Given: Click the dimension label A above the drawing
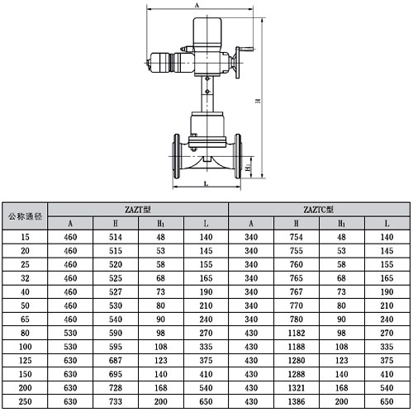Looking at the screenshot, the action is (197, 5).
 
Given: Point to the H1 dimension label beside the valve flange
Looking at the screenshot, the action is (248, 168).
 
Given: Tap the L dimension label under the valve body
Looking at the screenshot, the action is (206, 183).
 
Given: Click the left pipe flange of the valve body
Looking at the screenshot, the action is (176, 156).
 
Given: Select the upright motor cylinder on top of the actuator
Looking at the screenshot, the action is (207, 31).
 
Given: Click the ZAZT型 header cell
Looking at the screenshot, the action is (138, 210).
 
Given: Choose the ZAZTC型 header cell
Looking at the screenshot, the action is (319, 210).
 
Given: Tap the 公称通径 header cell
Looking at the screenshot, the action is (25, 216).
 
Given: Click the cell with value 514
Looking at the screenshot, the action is (116, 237).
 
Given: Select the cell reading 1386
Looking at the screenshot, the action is (297, 401).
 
